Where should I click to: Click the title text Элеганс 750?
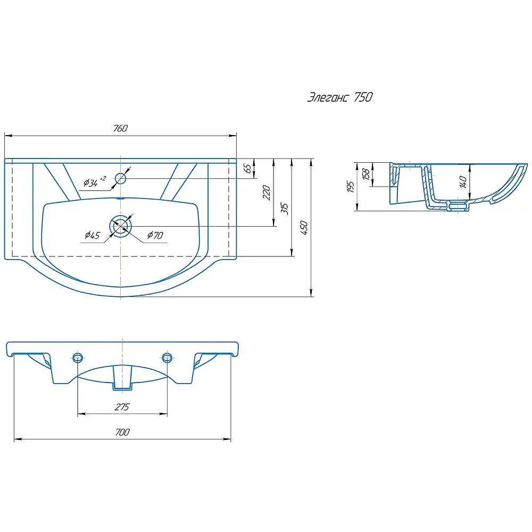339,97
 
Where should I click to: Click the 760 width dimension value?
120,128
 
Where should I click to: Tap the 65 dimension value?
248,168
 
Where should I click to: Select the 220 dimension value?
267,193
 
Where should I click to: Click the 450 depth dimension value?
304,228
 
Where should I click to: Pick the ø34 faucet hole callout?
95,182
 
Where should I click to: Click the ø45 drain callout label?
92,235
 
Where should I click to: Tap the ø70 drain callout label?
155,235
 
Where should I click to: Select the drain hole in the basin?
120,226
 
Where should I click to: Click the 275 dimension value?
122,407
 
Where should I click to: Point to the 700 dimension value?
122,432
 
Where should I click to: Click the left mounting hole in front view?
78,358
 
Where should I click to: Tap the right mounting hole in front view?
167,358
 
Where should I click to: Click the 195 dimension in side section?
351,186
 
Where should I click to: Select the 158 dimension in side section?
366,174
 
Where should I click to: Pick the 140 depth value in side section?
463,181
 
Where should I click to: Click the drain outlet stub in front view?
122,377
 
